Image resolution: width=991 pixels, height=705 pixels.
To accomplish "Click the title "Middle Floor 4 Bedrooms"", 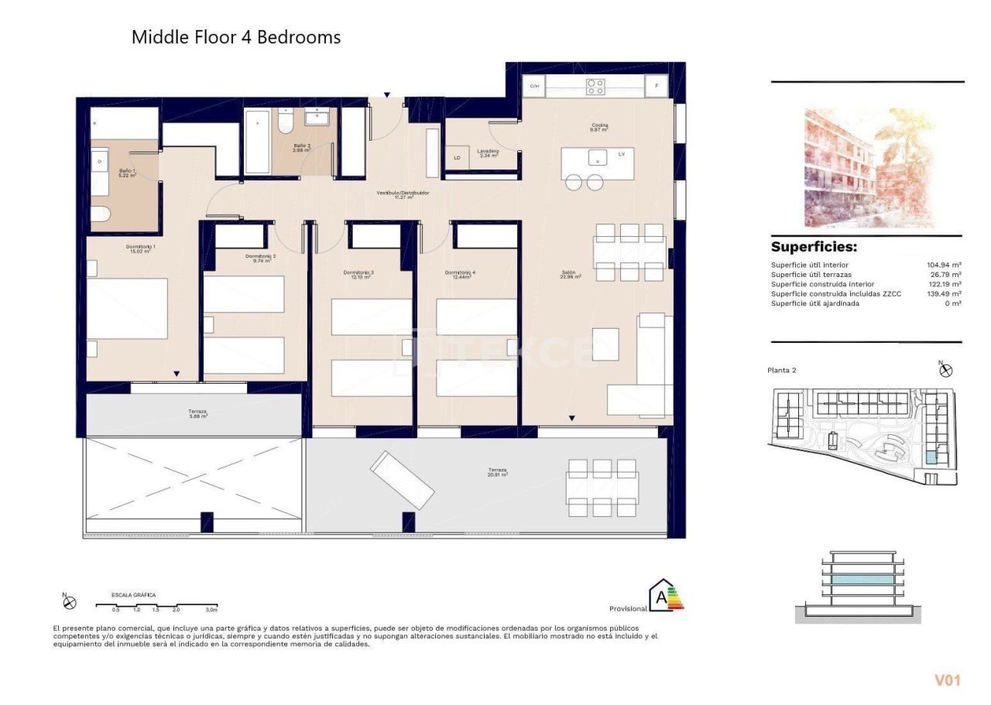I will pyautogui.click(x=235, y=36).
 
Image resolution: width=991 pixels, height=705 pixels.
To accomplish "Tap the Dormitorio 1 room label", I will pyautogui.click(x=141, y=249).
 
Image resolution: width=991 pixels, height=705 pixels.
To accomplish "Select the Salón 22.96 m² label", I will pyautogui.click(x=571, y=274).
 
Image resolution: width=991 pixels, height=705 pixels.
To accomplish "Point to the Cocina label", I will pyautogui.click(x=599, y=127).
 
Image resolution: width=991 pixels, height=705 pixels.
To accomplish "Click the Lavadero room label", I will pyautogui.click(x=488, y=153).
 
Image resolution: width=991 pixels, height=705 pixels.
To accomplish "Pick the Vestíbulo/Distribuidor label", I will pyautogui.click(x=403, y=194).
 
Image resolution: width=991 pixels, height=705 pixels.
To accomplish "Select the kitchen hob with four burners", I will pyautogui.click(x=595, y=87).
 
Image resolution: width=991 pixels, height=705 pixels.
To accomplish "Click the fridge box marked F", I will pyautogui.click(x=657, y=87).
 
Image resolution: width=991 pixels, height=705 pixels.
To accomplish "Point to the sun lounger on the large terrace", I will pyautogui.click(x=402, y=480).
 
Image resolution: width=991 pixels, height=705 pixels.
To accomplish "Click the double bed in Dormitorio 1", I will pyautogui.click(x=127, y=309).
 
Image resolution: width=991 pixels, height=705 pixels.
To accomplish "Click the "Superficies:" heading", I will pyautogui.click(x=814, y=248).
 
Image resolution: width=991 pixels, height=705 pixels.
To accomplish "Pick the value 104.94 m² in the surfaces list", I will pyautogui.click(x=944, y=265).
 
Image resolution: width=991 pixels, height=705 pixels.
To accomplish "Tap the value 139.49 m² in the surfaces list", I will pyautogui.click(x=944, y=294).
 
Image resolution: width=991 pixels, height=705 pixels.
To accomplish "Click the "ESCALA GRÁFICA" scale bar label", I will pyautogui.click(x=134, y=595).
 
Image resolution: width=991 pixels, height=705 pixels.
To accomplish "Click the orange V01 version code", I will pyautogui.click(x=947, y=680).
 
